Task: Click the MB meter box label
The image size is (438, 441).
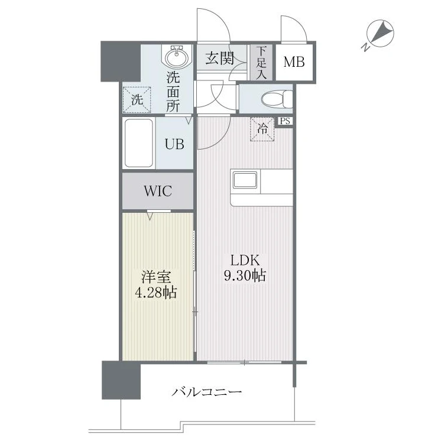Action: click(x=294, y=62)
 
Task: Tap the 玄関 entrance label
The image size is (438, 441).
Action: click(x=219, y=58)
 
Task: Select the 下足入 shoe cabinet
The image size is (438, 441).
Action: click(x=261, y=63)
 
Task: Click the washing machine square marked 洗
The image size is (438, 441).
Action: click(x=137, y=100)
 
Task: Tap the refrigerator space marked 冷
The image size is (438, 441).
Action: click(x=262, y=129)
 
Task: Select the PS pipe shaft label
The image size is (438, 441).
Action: click(x=285, y=121)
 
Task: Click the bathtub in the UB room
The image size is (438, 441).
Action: click(x=139, y=143)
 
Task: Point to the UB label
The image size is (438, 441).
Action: click(x=174, y=144)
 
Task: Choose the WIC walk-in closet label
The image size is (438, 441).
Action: click(x=158, y=191)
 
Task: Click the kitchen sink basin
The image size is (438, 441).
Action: click(x=245, y=180)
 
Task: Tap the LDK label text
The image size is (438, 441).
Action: click(x=245, y=260)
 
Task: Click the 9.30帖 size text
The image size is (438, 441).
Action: click(x=245, y=275)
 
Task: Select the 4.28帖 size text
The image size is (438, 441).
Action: click(x=156, y=293)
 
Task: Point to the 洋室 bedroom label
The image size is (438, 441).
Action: click(x=156, y=277)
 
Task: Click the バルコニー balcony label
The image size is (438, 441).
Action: click(x=207, y=391)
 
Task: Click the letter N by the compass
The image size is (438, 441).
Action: click(x=365, y=47)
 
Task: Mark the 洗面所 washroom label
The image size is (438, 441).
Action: click(x=173, y=92)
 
